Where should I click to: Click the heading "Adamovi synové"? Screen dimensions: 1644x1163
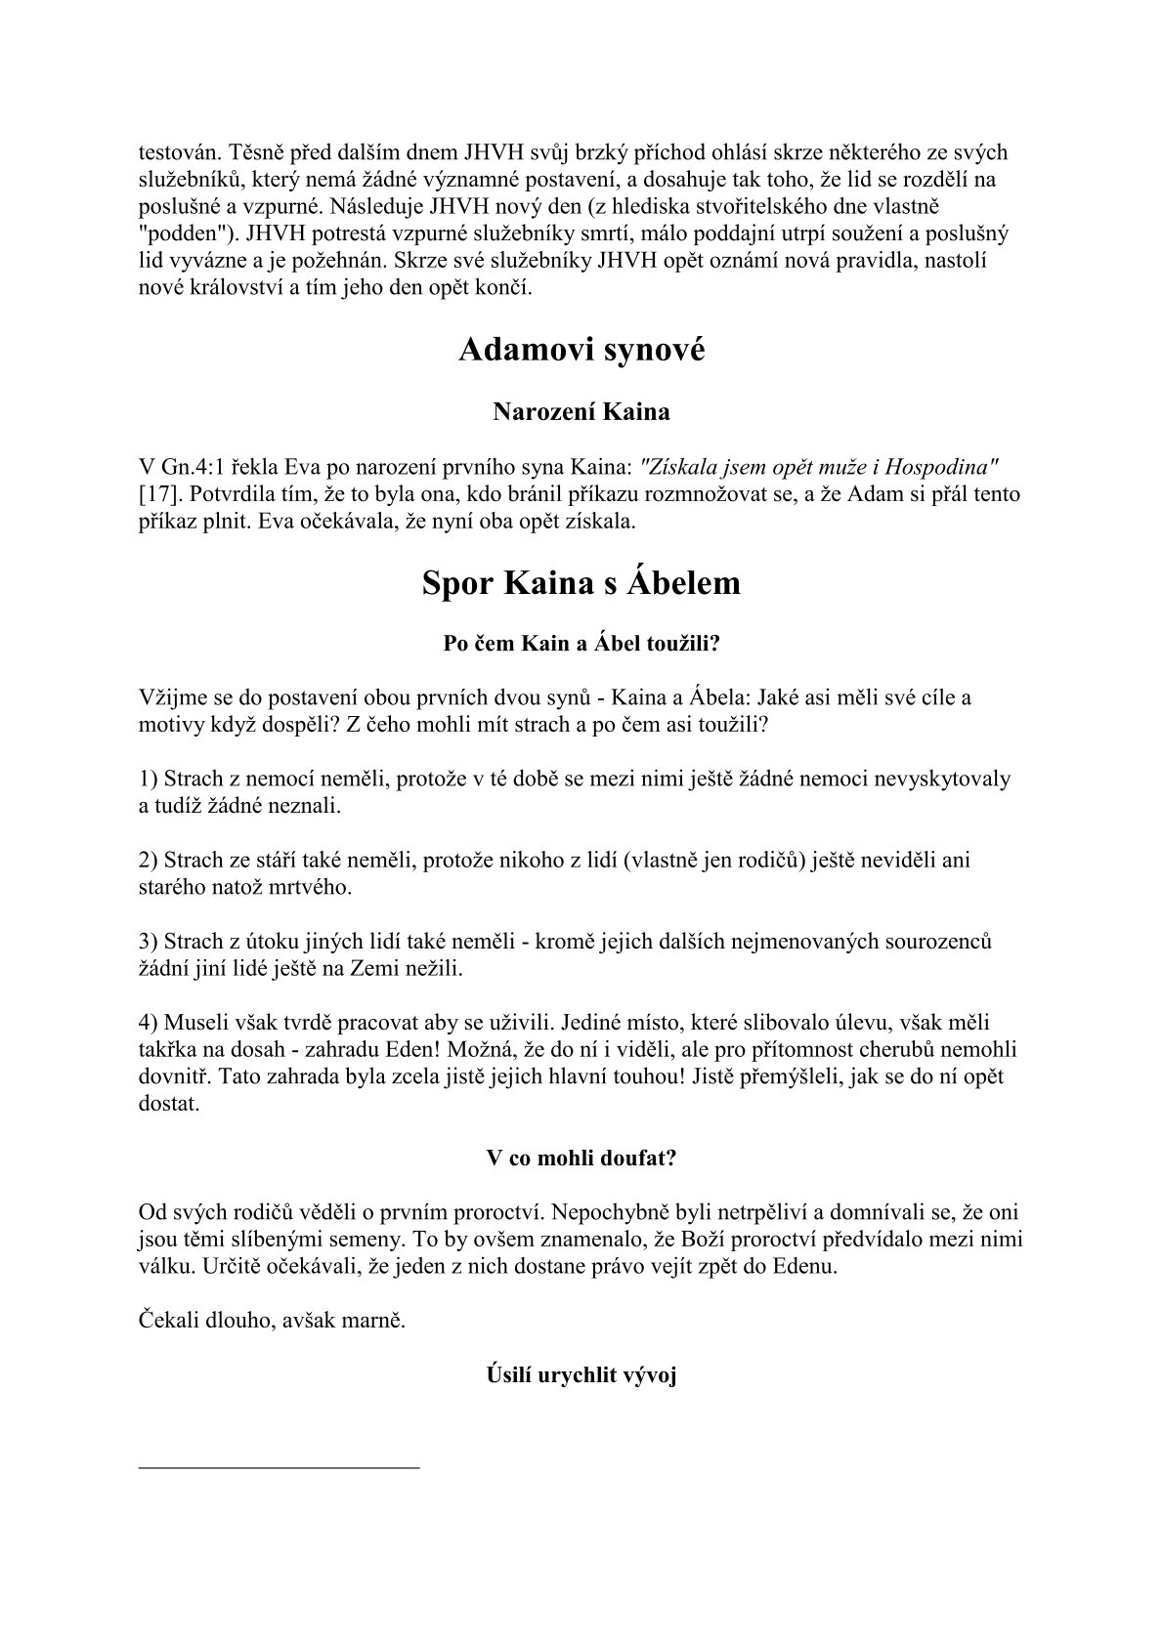pos(581,350)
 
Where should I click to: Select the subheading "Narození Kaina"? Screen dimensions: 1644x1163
pos(581,411)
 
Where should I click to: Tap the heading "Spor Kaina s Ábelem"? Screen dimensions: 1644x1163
pos(581,583)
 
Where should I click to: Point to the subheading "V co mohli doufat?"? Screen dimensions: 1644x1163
pos(581,1159)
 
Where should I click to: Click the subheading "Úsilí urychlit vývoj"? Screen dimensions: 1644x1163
pos(581,1375)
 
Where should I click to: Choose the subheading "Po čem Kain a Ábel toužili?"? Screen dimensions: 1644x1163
pos(581,645)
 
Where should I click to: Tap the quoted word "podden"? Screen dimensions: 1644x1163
pos(177,234)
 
